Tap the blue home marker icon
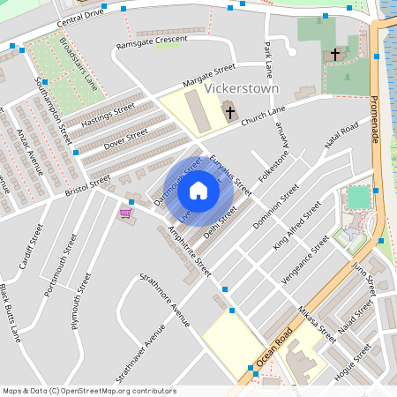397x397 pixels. point(198,190)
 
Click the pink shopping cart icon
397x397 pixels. point(126,213)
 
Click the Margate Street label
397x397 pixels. point(209,75)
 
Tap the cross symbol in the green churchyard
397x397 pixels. point(335,55)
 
